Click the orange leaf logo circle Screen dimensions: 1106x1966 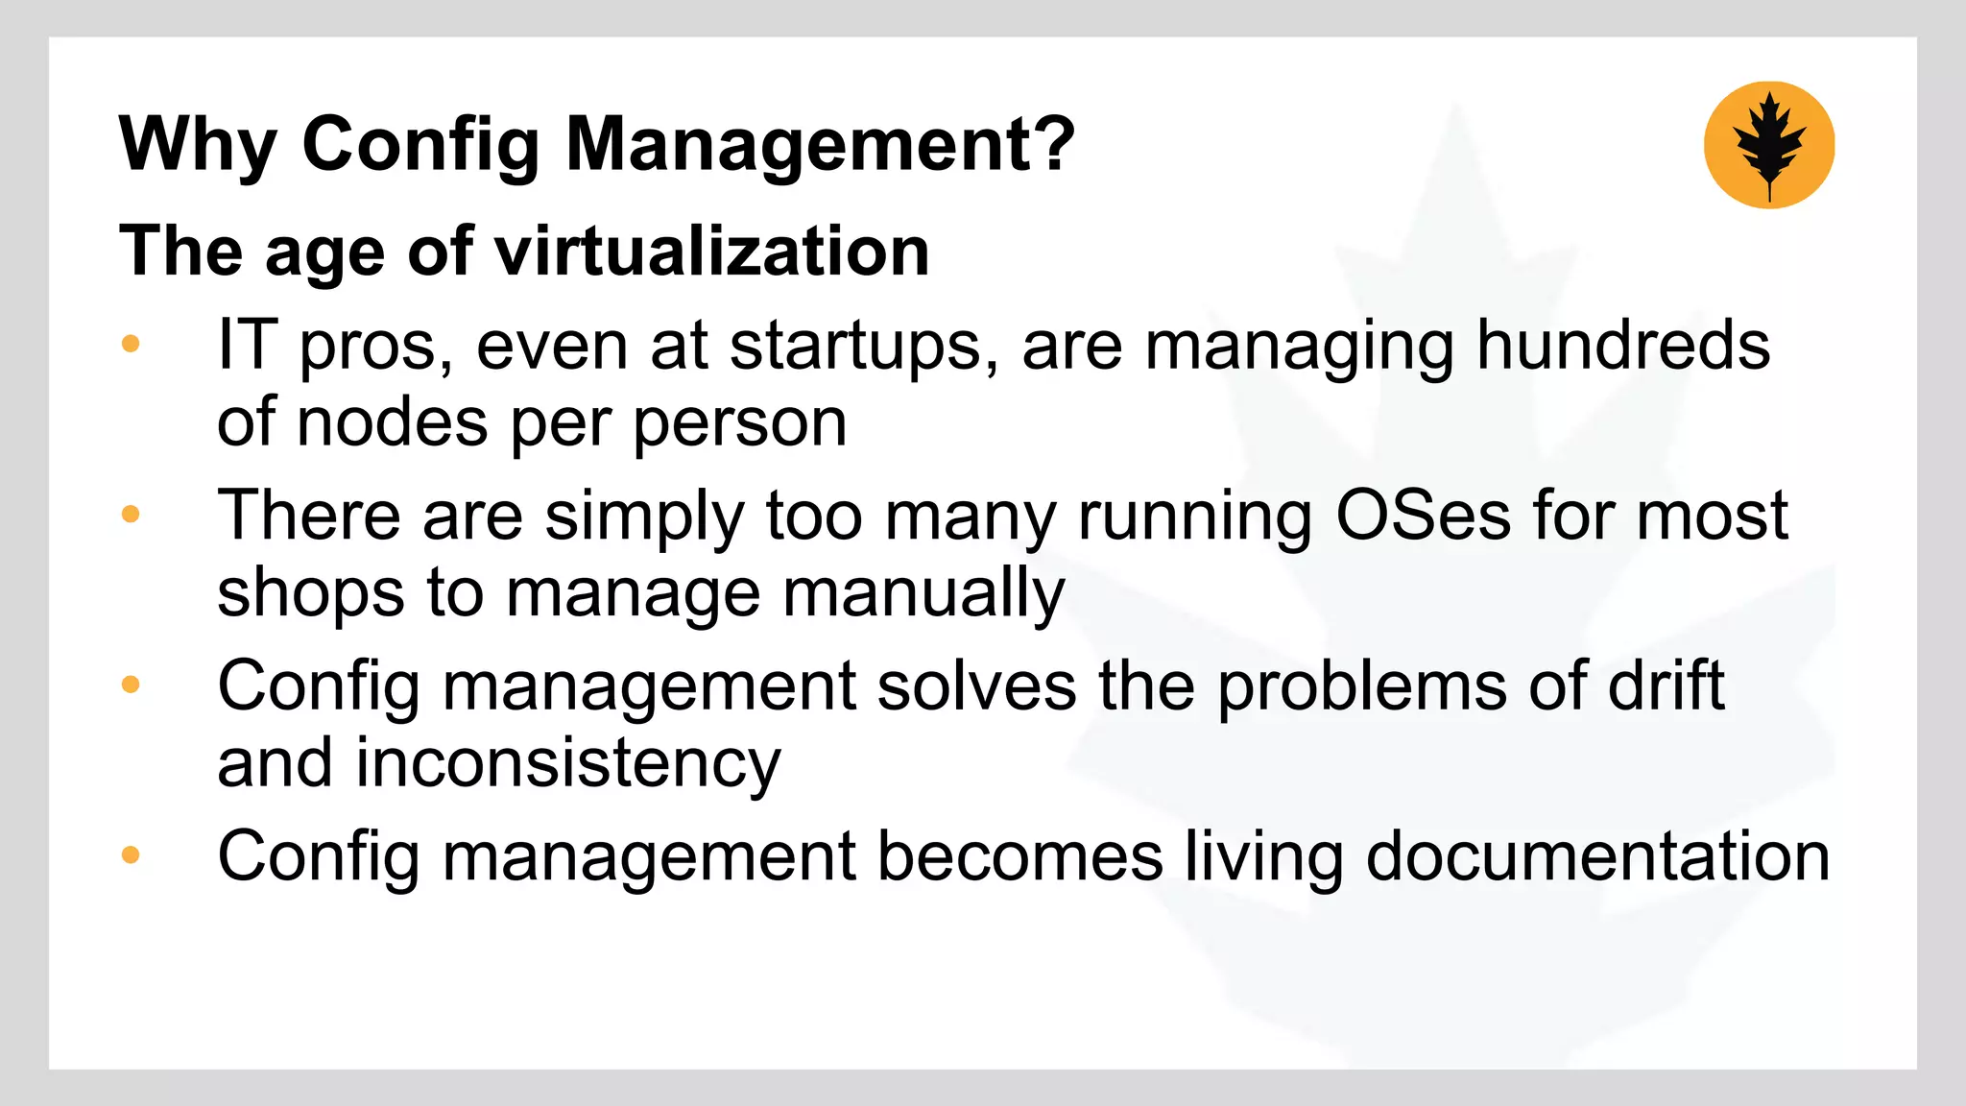1768,145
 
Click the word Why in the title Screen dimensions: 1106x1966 198,144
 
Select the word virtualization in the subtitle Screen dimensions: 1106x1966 711,252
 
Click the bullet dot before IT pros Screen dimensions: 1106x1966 132,344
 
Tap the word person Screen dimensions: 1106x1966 739,424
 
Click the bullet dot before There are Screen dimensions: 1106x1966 132,515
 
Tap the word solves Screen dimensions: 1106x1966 976,685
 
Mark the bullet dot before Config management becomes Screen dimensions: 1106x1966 132,854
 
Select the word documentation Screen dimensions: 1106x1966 1597,855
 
